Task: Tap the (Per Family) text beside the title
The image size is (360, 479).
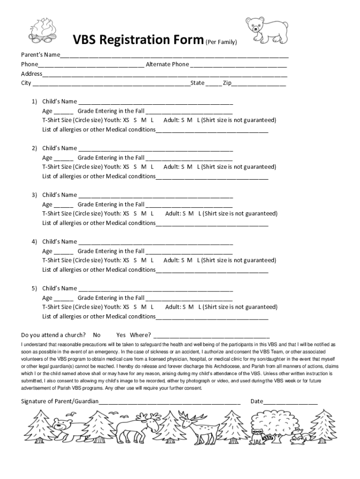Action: [x=221, y=43]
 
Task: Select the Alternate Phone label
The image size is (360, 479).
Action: [x=167, y=64]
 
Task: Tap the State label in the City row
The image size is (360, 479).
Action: [x=197, y=83]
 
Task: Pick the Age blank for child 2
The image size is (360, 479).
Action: [x=64, y=159]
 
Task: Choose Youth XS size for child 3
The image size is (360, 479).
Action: [x=126, y=214]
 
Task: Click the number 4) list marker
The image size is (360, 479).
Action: [x=35, y=242]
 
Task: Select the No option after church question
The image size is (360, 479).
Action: [x=97, y=335]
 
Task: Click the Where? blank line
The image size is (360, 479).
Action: [x=211, y=336]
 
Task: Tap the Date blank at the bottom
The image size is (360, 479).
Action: [x=290, y=402]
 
